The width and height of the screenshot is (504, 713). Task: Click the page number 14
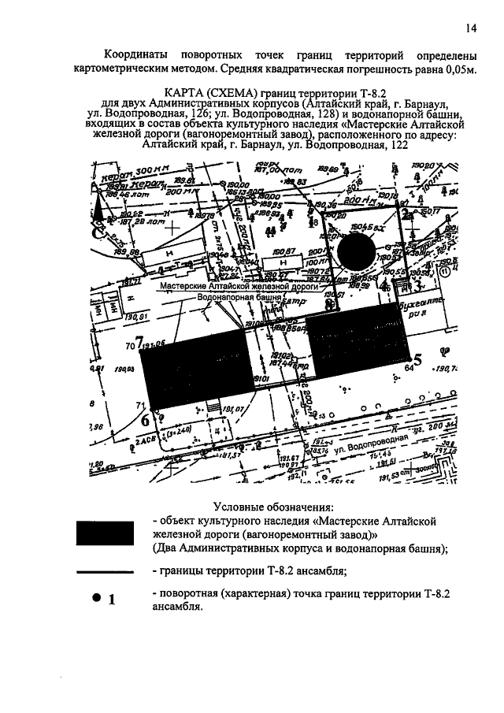coord(470,29)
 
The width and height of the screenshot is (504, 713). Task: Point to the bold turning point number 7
coord(139,343)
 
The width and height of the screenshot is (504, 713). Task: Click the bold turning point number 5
coord(418,360)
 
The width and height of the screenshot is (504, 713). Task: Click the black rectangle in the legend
coord(109,533)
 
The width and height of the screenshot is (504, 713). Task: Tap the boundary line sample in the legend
coord(109,572)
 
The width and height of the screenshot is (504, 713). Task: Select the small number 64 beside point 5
coord(409,367)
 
